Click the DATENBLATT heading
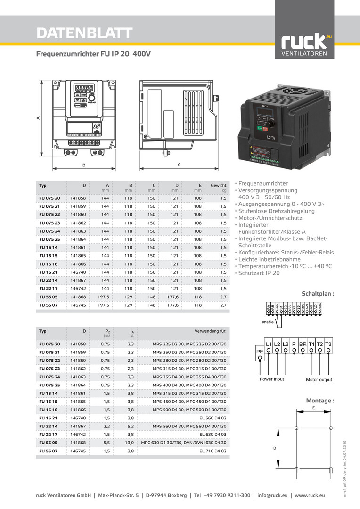point(84,33)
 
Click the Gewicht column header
point(219,186)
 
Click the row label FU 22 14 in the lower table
point(49,426)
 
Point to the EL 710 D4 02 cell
point(213,451)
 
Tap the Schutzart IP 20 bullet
point(259,273)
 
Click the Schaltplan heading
point(318,294)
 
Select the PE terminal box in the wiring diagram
point(259,352)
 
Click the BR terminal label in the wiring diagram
point(303,344)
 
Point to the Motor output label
point(319,379)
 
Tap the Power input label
point(272,379)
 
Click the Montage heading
point(320,401)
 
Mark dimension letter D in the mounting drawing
point(275,448)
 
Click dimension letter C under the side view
point(179,165)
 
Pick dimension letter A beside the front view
point(38,118)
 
